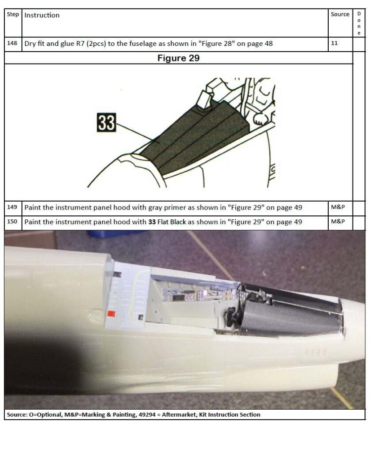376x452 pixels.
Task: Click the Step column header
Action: (13, 15)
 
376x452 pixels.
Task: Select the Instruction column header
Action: (42, 15)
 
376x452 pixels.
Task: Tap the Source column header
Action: (340, 15)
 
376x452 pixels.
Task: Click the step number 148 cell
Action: (12, 43)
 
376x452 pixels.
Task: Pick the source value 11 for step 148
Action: (334, 43)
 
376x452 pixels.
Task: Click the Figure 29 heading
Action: (178, 58)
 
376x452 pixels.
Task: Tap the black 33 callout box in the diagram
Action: (106, 123)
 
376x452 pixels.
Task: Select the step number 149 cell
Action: (12, 207)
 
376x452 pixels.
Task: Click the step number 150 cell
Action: (12, 222)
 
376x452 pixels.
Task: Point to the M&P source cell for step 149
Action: (338, 207)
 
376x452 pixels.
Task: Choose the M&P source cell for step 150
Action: (338, 222)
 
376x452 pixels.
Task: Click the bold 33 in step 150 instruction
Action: (152, 222)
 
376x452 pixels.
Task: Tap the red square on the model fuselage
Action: (111, 314)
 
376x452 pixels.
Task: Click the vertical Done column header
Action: (359, 23)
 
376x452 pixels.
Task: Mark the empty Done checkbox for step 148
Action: (359, 45)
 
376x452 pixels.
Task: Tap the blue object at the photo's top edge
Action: (115, 234)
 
